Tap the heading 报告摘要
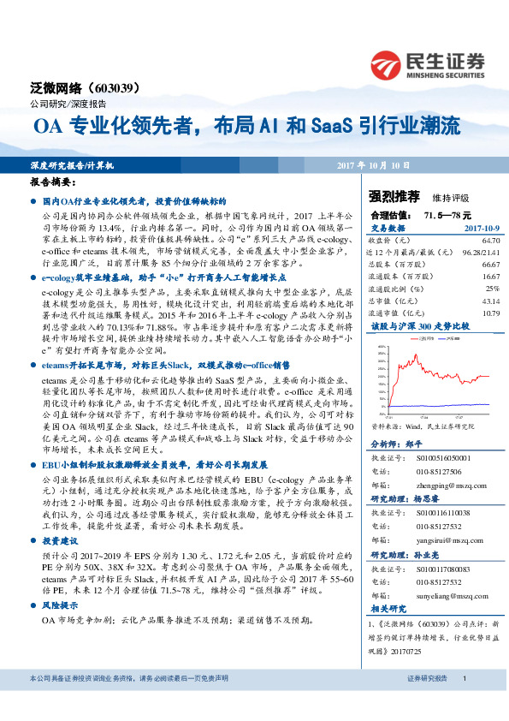point(52,183)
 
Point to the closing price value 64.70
point(489,242)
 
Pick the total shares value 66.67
point(489,265)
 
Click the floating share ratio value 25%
point(492,289)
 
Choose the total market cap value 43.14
point(489,301)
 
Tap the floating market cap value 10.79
point(489,313)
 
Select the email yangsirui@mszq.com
point(440,542)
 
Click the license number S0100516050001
point(441,459)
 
